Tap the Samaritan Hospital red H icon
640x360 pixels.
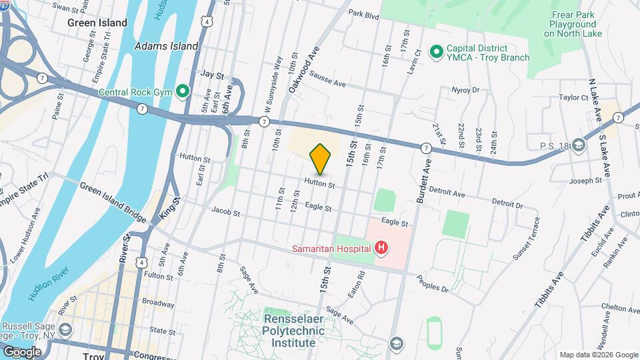(x=381, y=249)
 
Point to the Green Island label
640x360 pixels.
(x=97, y=23)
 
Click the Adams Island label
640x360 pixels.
(x=166, y=46)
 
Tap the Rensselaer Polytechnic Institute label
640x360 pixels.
(x=293, y=331)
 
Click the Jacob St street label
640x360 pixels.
(x=225, y=212)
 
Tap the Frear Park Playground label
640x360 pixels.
(x=572, y=23)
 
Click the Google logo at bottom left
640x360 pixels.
(x=21, y=351)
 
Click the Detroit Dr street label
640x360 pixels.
(x=507, y=202)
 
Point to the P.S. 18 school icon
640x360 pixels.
(x=579, y=145)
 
